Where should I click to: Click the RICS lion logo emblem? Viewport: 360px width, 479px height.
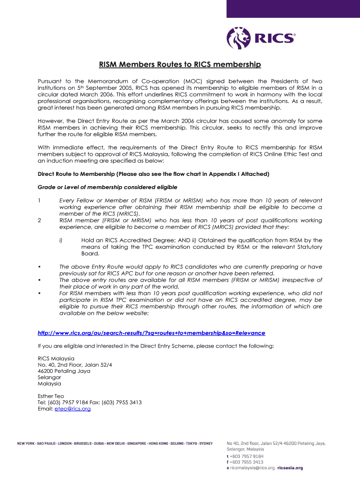click(239, 38)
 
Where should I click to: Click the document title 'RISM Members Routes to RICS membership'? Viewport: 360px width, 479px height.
click(180, 64)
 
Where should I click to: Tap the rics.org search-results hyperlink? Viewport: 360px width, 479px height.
click(151, 333)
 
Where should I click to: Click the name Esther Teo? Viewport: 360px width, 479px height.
click(51, 396)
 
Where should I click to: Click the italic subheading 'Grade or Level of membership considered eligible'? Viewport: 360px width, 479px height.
click(107, 187)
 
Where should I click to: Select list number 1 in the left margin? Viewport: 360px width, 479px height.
click(39, 201)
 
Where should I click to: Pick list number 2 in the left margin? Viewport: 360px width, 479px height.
click(39, 220)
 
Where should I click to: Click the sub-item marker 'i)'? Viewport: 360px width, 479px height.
click(61, 240)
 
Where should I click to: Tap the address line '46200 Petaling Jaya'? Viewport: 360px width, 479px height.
click(64, 371)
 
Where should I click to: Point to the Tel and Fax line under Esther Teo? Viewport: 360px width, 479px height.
click(90, 402)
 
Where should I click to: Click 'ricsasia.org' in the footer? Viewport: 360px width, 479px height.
click(290, 468)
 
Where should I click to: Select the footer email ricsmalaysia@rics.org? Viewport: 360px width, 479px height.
click(252, 468)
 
